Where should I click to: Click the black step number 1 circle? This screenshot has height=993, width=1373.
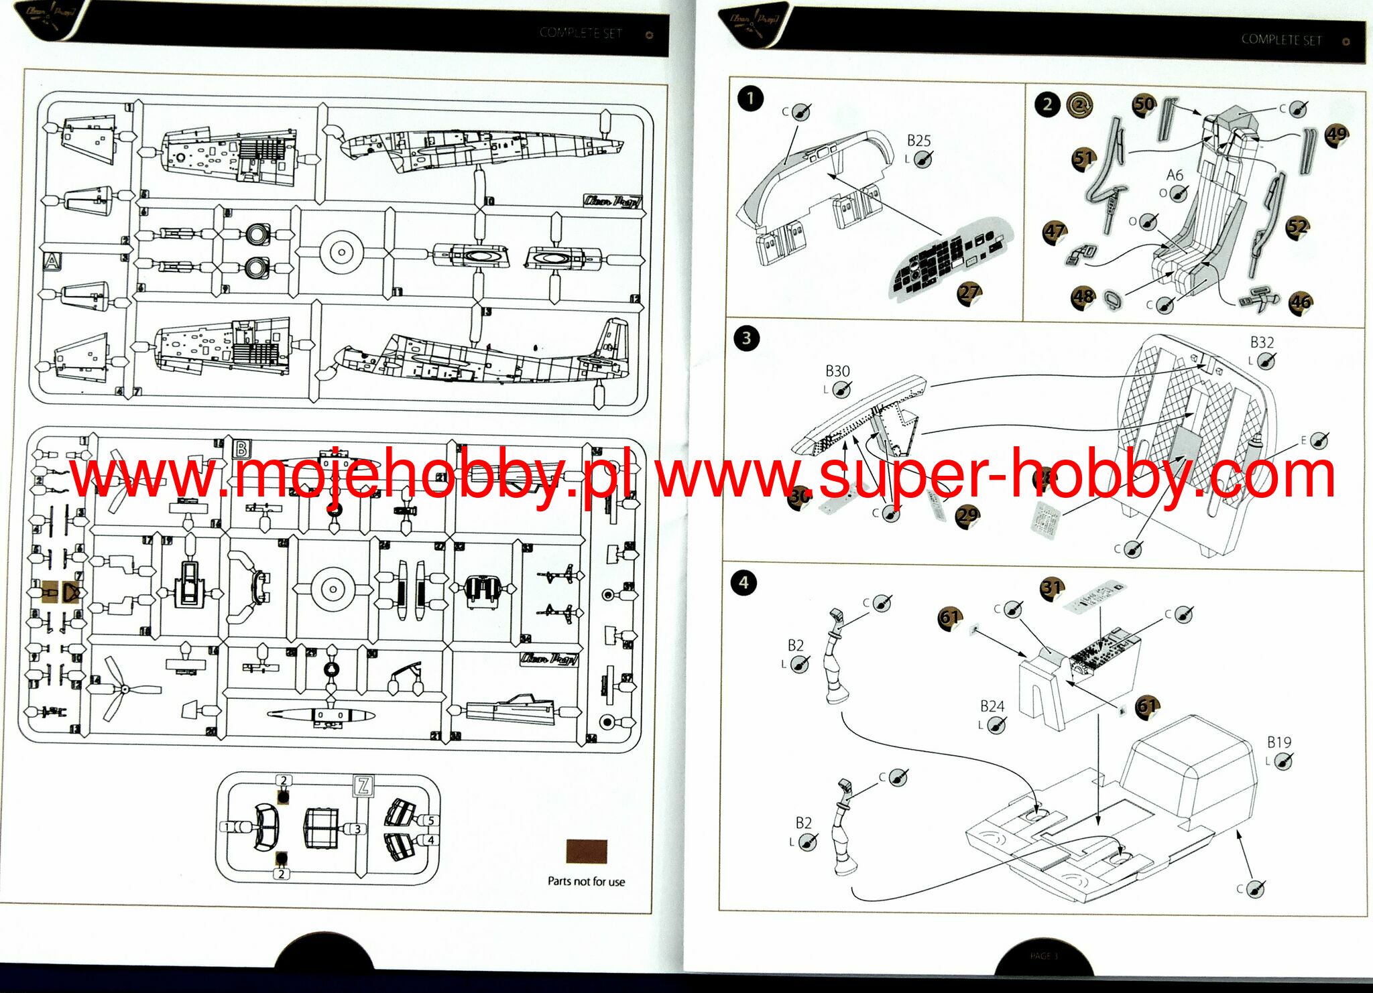750,99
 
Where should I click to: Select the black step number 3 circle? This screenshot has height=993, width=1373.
746,338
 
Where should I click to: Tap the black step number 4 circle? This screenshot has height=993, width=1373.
743,582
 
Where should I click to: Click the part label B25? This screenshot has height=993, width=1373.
918,141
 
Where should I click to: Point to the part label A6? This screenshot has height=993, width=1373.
1175,176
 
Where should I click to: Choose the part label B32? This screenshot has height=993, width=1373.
1262,342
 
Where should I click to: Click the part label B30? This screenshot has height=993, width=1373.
837,371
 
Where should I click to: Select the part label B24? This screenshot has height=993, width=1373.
992,706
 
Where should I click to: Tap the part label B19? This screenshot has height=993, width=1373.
1278,742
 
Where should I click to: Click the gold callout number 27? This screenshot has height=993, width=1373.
969,292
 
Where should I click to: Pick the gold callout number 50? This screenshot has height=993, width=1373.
1144,104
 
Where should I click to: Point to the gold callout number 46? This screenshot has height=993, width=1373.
1301,302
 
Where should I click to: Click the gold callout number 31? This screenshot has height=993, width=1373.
1052,588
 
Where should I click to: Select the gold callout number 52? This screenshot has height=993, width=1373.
1297,226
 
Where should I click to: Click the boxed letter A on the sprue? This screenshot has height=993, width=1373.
51,261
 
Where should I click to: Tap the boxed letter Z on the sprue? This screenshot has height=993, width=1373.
363,785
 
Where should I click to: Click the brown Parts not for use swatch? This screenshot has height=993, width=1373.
587,852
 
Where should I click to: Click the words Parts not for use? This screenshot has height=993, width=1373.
586,882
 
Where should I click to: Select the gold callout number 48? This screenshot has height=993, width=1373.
1083,296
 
